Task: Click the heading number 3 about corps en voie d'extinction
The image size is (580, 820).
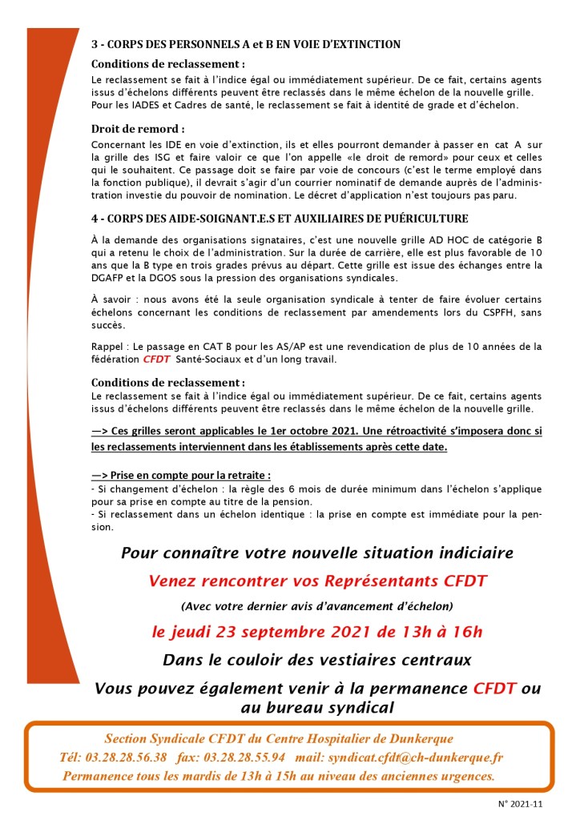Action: pos(95,44)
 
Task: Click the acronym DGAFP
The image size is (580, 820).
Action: pos(111,278)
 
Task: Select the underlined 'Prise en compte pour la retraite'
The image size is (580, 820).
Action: pos(186,475)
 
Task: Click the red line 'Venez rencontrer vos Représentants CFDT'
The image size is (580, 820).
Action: pos(318,581)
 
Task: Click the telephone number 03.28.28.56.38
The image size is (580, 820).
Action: pos(127,757)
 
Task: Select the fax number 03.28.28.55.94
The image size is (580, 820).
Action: pos(244,757)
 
